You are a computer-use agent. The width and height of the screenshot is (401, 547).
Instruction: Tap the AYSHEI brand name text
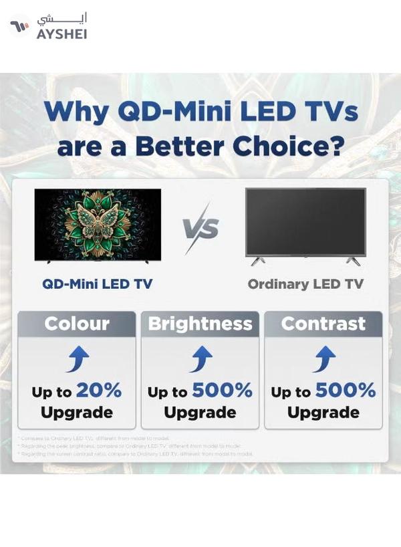tap(61, 33)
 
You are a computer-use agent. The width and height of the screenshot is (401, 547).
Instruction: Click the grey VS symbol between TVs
tap(200, 229)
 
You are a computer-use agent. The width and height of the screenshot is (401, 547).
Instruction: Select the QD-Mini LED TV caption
tap(97, 284)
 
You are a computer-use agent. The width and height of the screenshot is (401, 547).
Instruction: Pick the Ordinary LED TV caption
tap(305, 284)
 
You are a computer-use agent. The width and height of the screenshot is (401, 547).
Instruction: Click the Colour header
tap(77, 324)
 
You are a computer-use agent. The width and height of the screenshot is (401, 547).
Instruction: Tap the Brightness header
tap(200, 324)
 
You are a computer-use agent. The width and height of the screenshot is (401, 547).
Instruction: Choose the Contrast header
tap(323, 324)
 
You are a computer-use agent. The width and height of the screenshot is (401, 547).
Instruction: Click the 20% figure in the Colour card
tap(98, 390)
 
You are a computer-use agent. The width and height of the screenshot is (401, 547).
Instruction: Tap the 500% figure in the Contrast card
tap(346, 390)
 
